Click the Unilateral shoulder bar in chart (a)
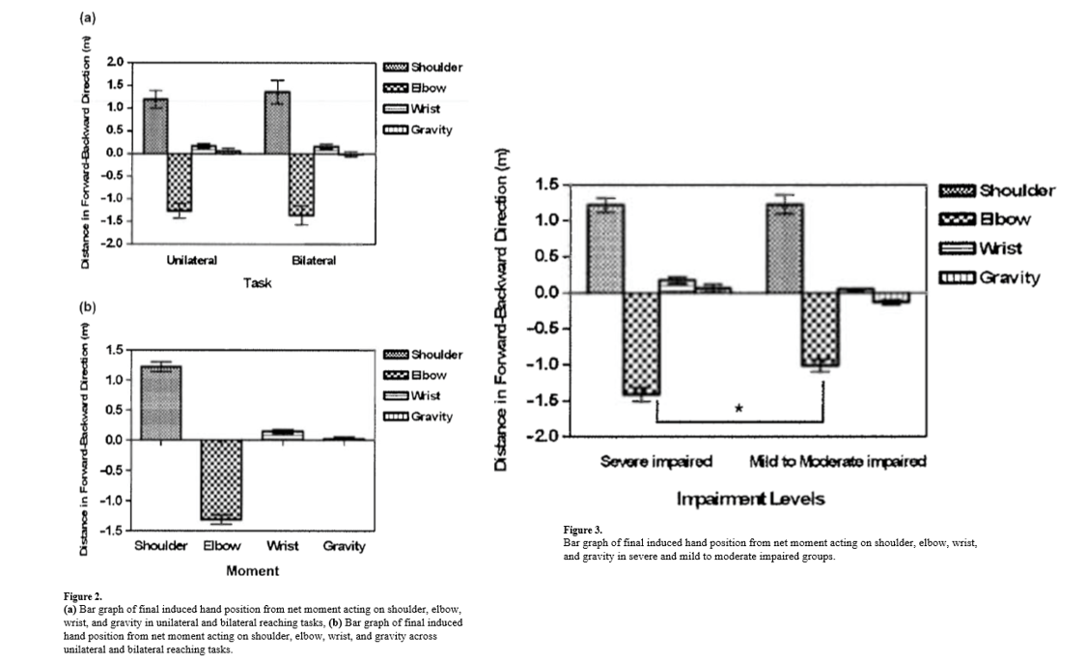click(x=155, y=126)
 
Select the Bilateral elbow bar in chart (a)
click(x=302, y=184)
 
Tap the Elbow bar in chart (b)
click(x=222, y=479)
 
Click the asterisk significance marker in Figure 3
click(x=739, y=409)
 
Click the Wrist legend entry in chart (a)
click(x=423, y=108)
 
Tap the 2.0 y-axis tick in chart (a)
click(x=115, y=61)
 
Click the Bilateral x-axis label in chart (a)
click(x=314, y=261)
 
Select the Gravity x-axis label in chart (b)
click(x=345, y=546)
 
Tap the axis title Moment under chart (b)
click(x=252, y=571)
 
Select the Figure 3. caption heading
click(x=582, y=531)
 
